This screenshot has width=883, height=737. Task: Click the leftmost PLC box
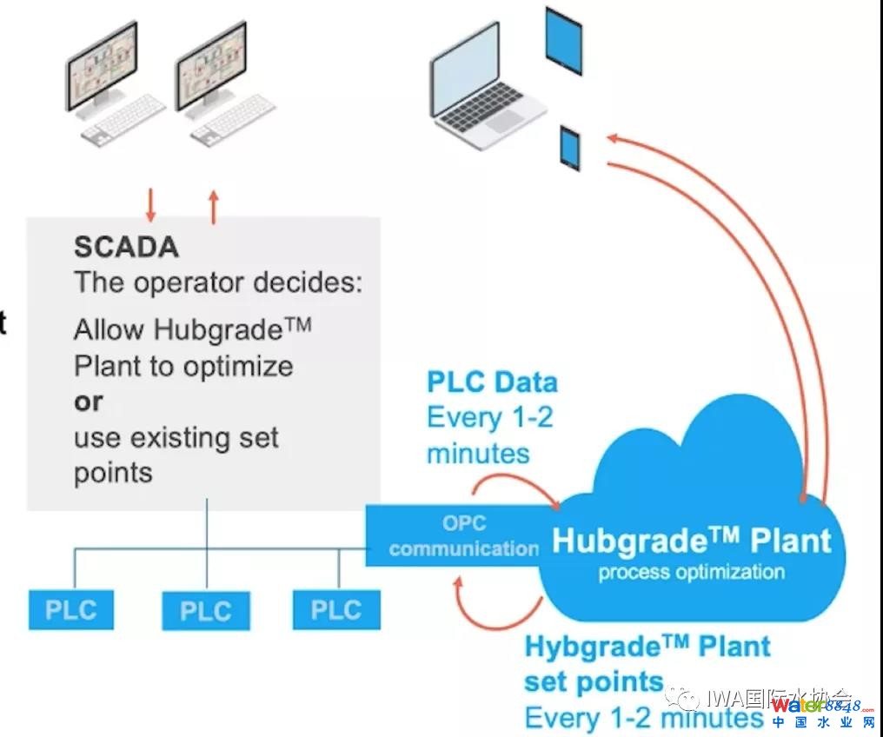coord(71,609)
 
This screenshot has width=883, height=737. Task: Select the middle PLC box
coord(206,611)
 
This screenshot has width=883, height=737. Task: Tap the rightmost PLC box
coord(336,609)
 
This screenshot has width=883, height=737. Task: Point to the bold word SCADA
coord(126,247)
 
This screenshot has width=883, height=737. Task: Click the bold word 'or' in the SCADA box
coord(88,402)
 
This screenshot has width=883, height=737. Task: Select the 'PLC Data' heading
coord(492,382)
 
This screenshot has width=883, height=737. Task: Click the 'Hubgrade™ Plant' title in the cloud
coord(692,541)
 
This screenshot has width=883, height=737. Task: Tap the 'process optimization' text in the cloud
coord(692,572)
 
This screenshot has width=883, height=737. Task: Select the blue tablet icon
coord(563,40)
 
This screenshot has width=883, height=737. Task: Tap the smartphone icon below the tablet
coord(570,148)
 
